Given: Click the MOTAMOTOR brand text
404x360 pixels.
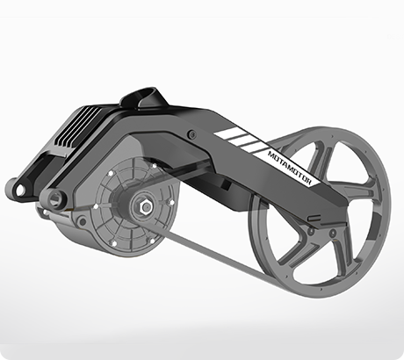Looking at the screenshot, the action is click(x=290, y=168).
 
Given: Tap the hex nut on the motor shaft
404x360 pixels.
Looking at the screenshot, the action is click(x=146, y=207).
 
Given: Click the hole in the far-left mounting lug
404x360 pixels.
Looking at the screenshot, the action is click(x=20, y=191).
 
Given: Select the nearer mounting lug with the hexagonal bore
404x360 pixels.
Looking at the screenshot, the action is click(x=54, y=199).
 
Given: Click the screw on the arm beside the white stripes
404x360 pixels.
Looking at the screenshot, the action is click(x=192, y=135).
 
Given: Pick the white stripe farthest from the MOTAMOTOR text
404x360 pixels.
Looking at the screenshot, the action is click(x=227, y=133).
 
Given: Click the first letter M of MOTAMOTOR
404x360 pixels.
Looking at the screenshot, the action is click(x=271, y=154).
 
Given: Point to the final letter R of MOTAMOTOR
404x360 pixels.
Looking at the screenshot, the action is click(x=309, y=183).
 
